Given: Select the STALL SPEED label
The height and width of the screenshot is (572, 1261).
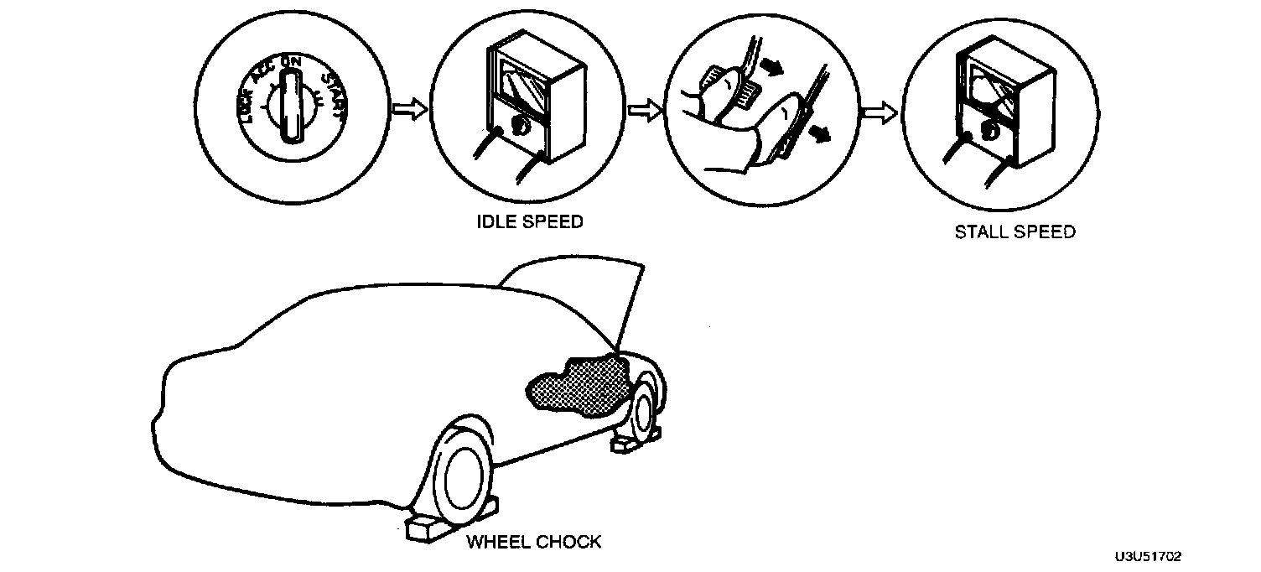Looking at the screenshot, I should (1015, 232).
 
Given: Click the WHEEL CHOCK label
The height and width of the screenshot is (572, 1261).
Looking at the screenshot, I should (534, 542).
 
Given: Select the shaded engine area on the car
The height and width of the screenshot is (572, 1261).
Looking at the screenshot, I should (579, 385).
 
